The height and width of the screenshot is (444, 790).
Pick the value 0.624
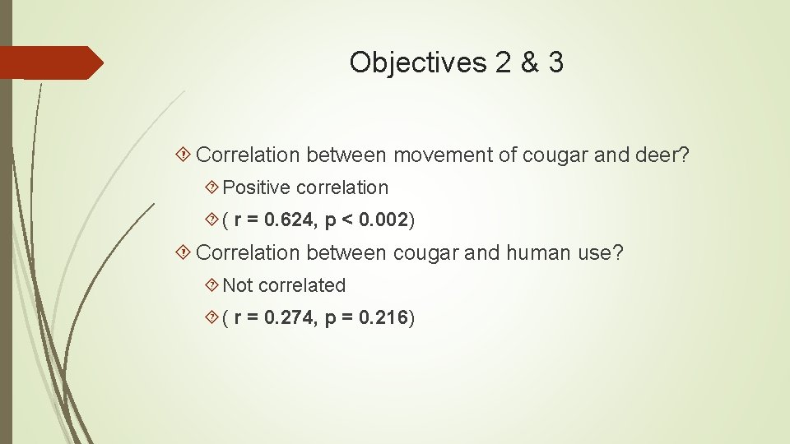[288, 220]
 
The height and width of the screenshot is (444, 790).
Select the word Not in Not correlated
[238, 285]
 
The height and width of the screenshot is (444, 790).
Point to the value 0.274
[288, 317]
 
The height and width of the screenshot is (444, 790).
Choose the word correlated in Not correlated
[301, 285]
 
